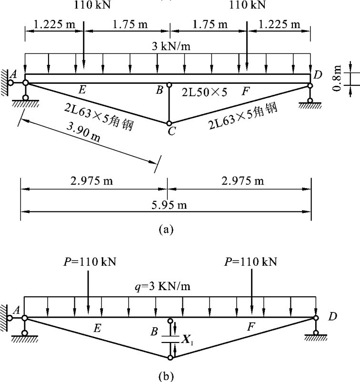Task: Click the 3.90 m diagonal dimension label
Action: pos(83,132)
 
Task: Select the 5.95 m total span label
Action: pos(169,205)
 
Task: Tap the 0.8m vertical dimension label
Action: pos(337,78)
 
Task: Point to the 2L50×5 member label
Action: pos(205,92)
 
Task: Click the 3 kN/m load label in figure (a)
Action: pos(171,46)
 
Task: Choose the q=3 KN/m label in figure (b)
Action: pos(162,286)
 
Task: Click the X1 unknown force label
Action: pos(187,339)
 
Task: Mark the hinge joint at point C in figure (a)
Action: pos(169,123)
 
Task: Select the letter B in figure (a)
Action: pos(160,90)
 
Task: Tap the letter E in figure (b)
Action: pos(97,328)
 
